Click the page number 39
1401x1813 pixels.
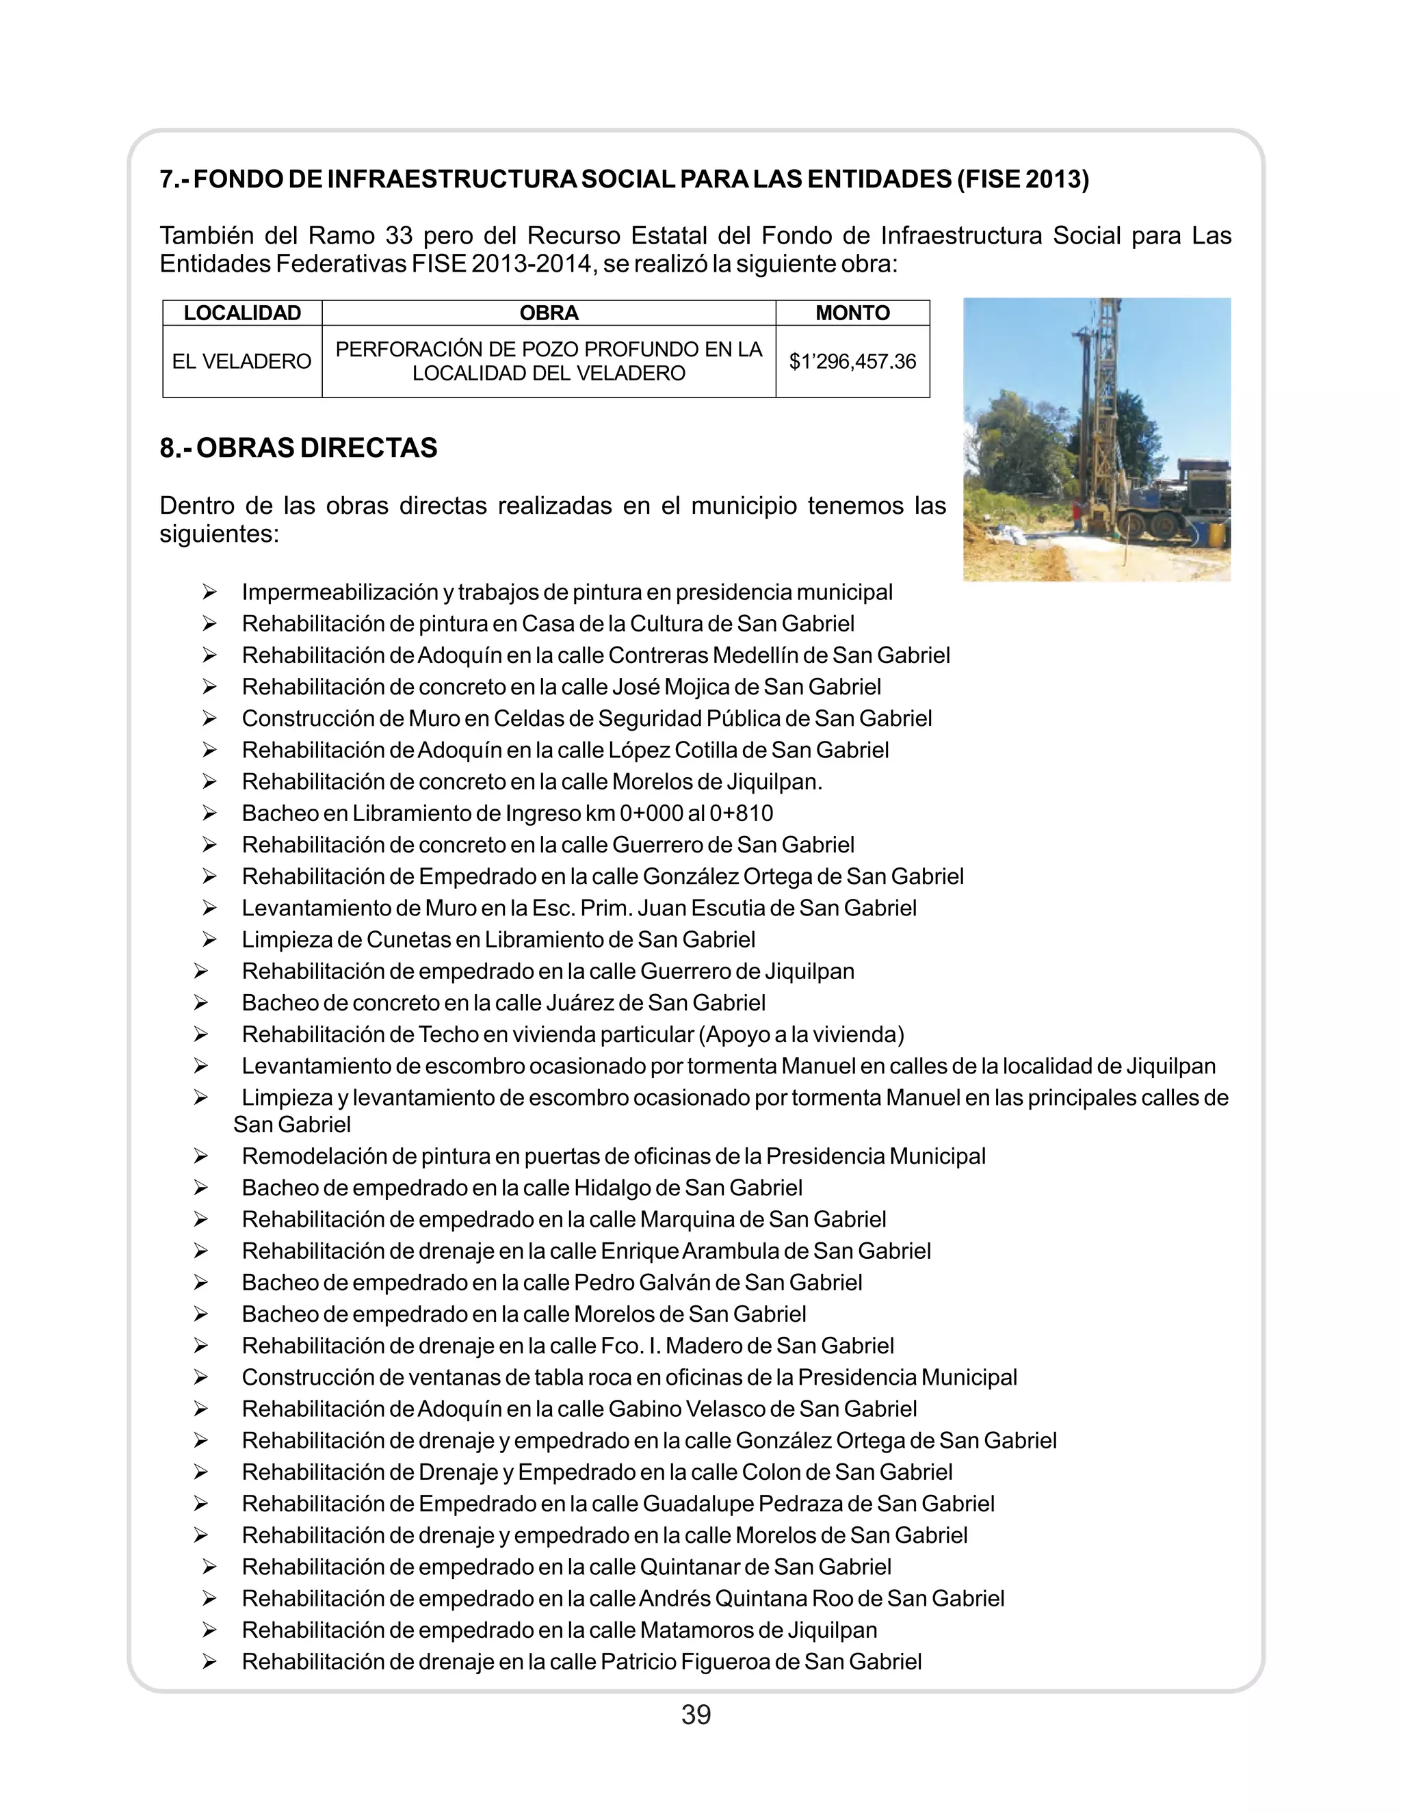click(696, 1714)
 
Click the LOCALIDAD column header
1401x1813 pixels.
click(241, 313)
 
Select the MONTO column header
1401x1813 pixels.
click(852, 313)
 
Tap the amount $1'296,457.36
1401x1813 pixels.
click(852, 361)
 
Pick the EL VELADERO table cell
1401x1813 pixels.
click(241, 361)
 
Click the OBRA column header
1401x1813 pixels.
click(549, 313)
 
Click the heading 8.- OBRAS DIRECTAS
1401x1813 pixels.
click(298, 447)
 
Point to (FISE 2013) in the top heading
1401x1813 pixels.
click(1023, 179)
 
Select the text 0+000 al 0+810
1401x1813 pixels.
click(696, 813)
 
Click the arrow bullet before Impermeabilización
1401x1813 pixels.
click(209, 592)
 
